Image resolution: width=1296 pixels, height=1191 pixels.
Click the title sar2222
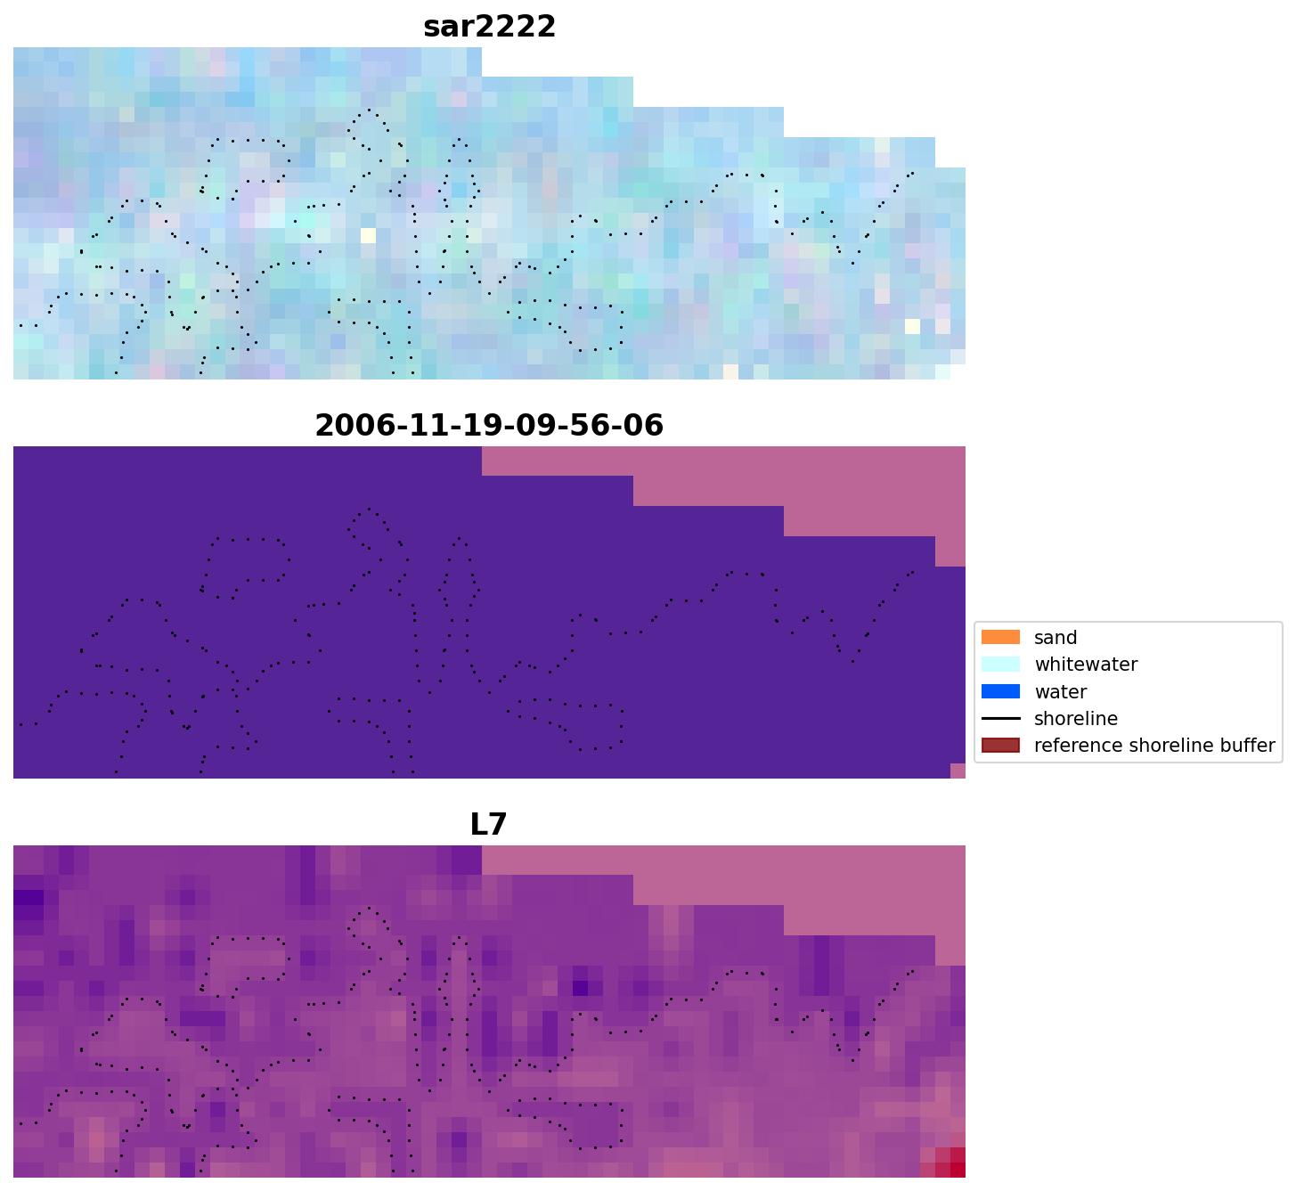coord(489,27)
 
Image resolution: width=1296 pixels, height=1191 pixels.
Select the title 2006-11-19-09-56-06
coord(489,425)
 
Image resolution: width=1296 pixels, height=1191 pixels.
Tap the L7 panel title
coord(488,824)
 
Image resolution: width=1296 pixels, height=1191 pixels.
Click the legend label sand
coord(1056,638)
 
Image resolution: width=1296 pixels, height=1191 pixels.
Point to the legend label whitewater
coord(1086,665)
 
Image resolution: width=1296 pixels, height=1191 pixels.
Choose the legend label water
coord(1060,692)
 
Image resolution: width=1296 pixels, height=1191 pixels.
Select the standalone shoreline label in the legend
coord(1075,719)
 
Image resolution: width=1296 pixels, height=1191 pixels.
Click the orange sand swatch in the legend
coord(1000,638)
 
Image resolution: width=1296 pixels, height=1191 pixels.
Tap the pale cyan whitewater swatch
coord(1000,665)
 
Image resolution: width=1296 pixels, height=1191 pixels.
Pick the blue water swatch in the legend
coord(1000,692)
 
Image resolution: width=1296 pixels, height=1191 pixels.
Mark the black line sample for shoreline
coord(1000,719)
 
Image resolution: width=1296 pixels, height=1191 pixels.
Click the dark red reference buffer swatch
coord(1000,746)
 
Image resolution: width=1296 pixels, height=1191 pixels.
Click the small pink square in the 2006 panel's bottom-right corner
coord(958,771)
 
